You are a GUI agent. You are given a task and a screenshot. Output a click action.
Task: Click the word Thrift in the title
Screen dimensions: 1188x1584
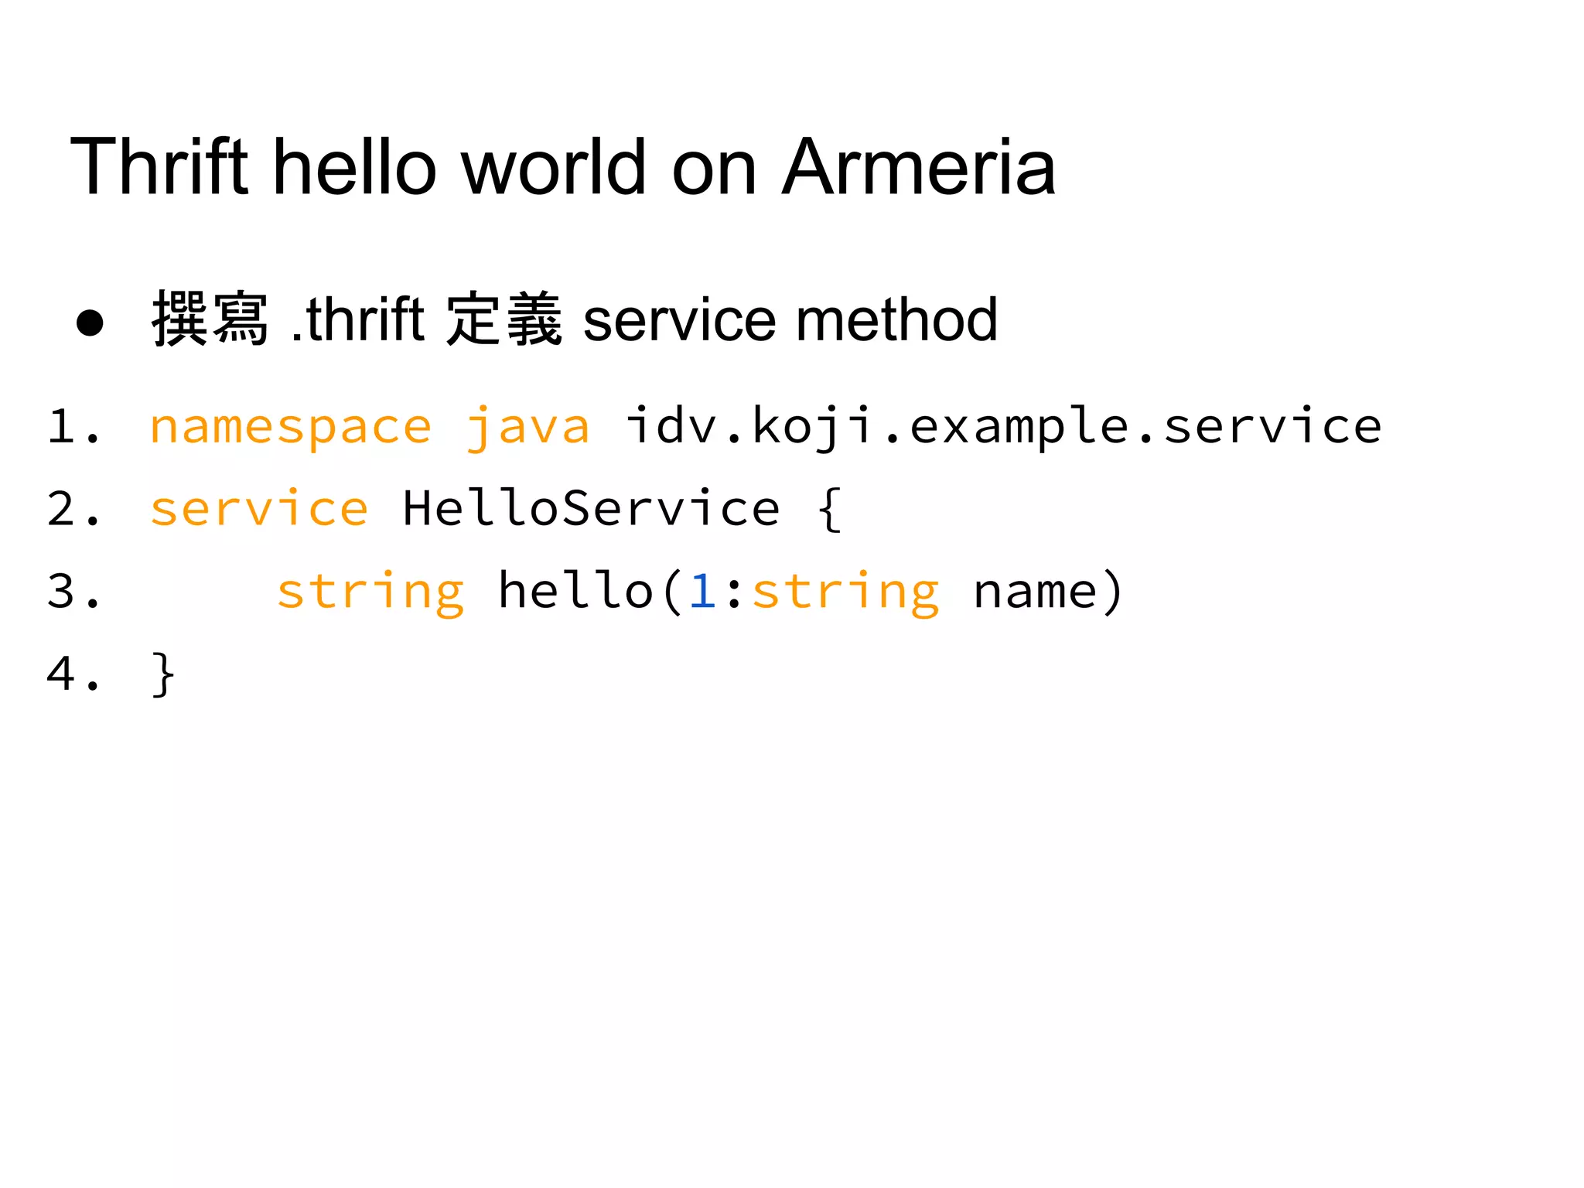tap(159, 166)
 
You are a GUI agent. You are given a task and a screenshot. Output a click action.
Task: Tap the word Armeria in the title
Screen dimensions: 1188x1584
tap(918, 166)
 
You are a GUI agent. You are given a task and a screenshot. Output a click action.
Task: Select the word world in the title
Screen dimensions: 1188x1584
tap(553, 166)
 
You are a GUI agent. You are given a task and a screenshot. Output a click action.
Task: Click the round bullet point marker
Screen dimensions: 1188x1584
tap(90, 323)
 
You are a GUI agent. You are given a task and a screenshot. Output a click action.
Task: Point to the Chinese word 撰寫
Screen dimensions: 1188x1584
tap(210, 319)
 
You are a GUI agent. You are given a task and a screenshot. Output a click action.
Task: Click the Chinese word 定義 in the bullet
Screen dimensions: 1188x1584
tap(504, 319)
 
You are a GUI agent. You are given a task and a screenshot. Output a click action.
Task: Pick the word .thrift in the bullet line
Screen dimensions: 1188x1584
tap(357, 319)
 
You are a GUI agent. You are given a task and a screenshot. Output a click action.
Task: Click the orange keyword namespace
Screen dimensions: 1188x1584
tap(290, 427)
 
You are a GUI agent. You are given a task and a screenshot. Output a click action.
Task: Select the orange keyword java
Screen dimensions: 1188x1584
tap(527, 427)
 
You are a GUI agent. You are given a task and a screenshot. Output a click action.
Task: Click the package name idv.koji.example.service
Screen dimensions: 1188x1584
tap(1002, 427)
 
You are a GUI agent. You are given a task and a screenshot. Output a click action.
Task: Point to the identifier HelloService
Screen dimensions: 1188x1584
tap(591, 509)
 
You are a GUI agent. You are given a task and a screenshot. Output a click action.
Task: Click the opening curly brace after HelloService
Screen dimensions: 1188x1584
tap(828, 509)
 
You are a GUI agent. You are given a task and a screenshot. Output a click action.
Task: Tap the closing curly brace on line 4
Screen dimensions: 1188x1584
tap(163, 674)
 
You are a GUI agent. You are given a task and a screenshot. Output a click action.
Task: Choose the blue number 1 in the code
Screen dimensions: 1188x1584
tap(702, 592)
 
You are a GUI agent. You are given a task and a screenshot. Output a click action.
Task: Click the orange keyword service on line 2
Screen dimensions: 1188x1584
tap(259, 509)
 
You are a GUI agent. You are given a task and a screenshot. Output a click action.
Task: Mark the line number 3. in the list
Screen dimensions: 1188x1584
tap(73, 592)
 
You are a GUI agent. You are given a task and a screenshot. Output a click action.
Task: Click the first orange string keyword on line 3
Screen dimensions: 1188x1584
tap(370, 592)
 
